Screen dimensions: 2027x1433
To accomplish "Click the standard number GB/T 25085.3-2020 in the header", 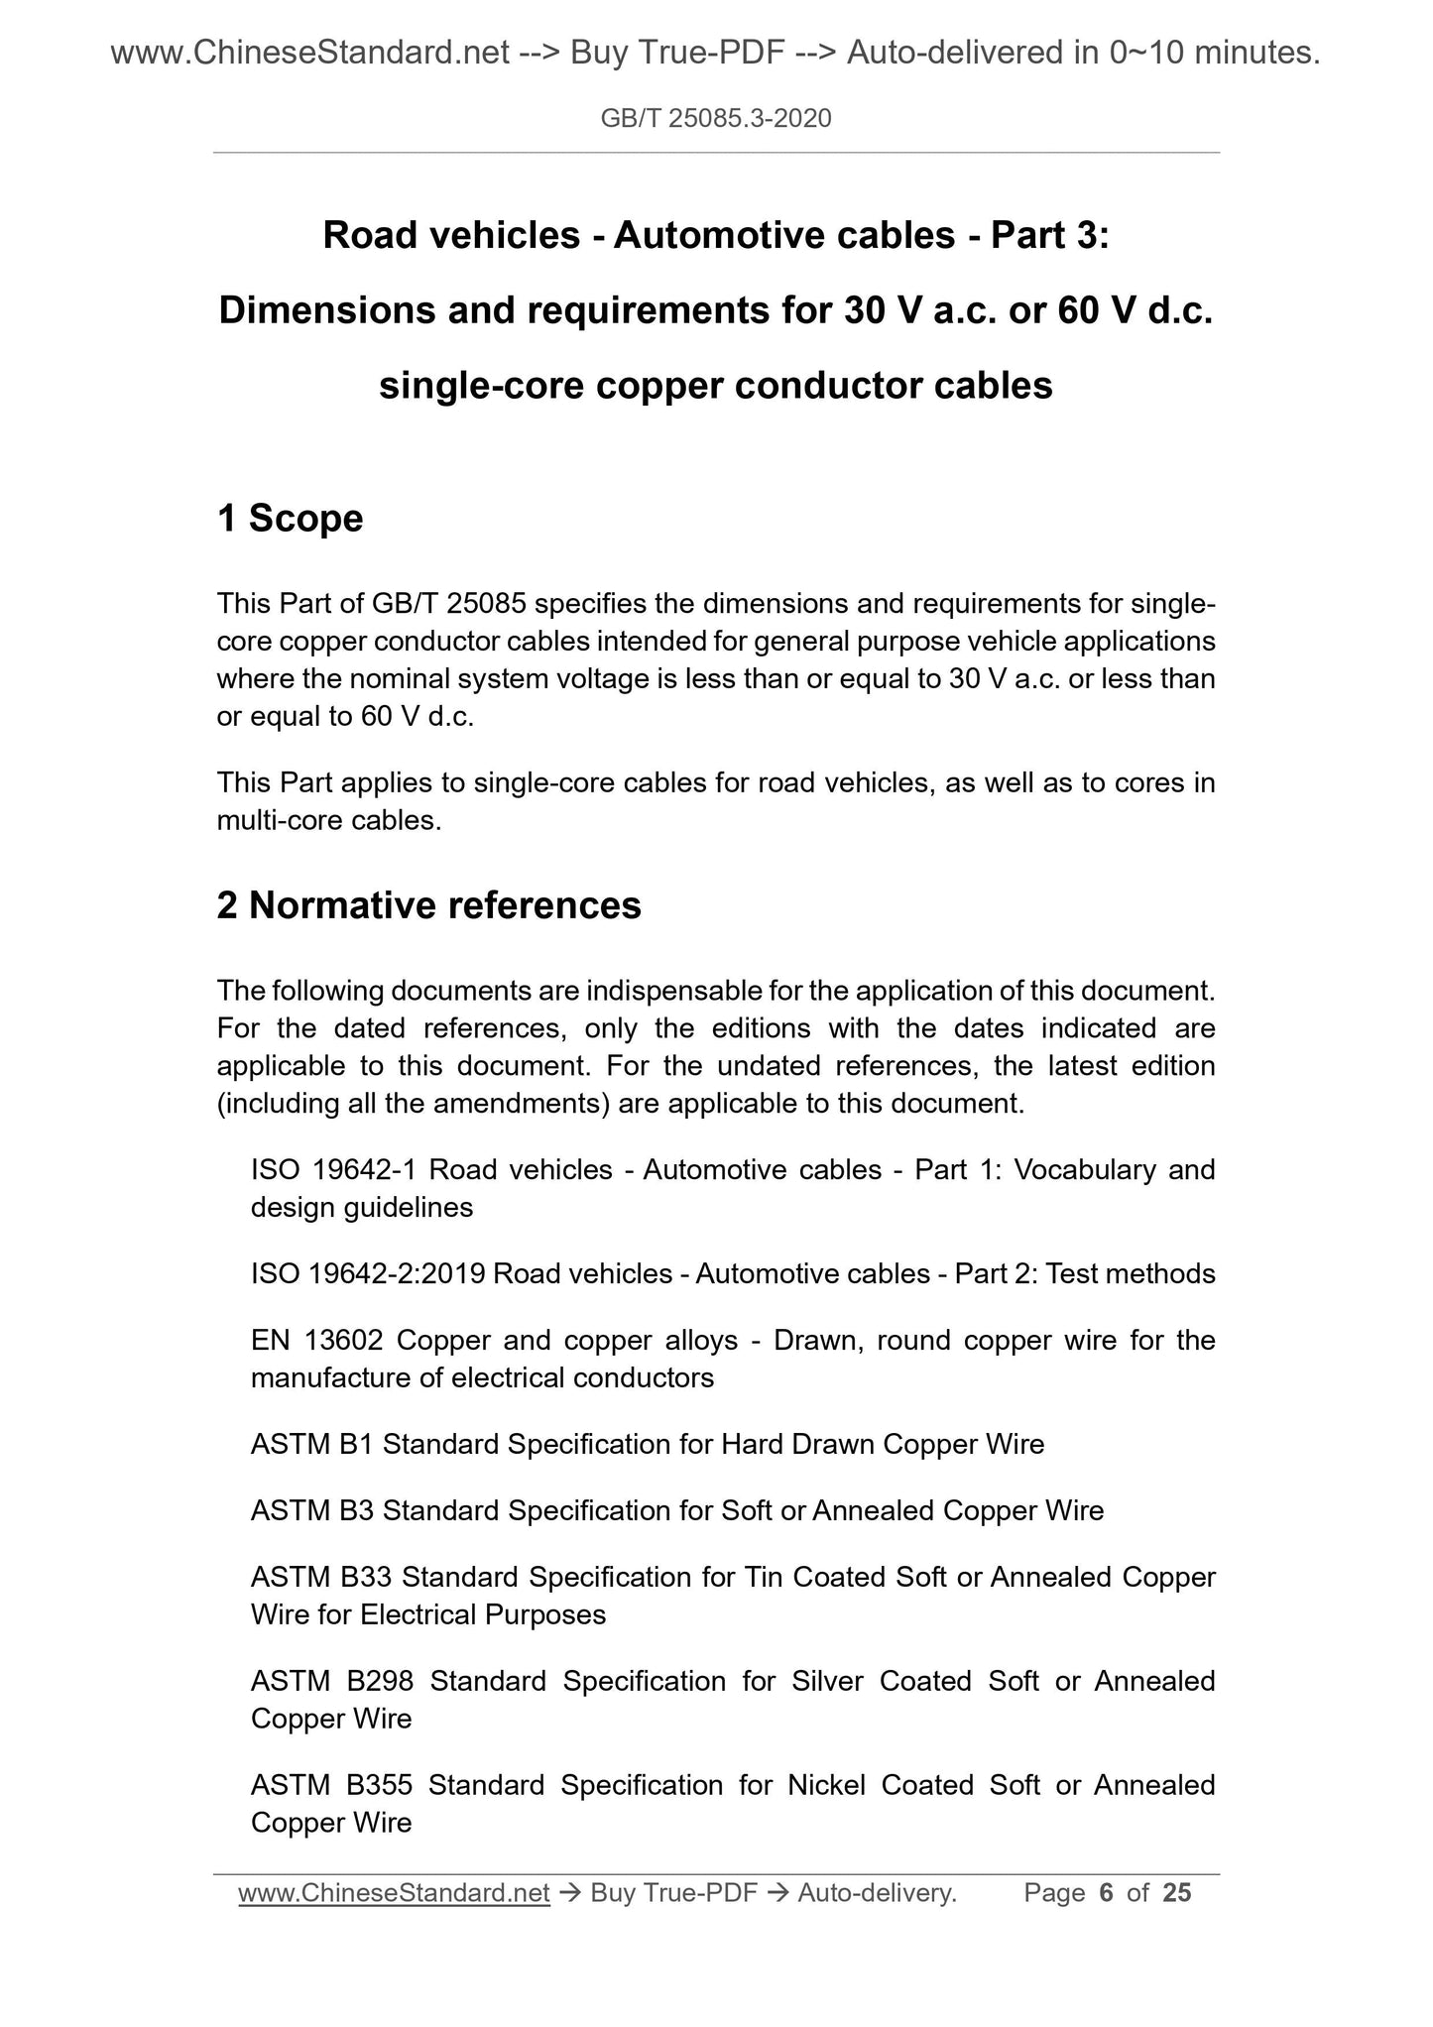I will coord(716,119).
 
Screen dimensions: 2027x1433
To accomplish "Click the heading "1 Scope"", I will coord(290,519).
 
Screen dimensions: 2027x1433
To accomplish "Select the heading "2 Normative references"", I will coord(428,905).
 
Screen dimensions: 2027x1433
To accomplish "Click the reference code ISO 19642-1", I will coord(332,1170).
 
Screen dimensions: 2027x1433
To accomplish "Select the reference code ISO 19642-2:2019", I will coord(368,1274).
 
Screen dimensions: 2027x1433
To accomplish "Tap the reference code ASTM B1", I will coord(311,1445).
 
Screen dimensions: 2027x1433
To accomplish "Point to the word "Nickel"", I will coord(826,1785).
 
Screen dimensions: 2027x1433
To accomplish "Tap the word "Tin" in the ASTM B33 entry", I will coord(761,1577).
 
